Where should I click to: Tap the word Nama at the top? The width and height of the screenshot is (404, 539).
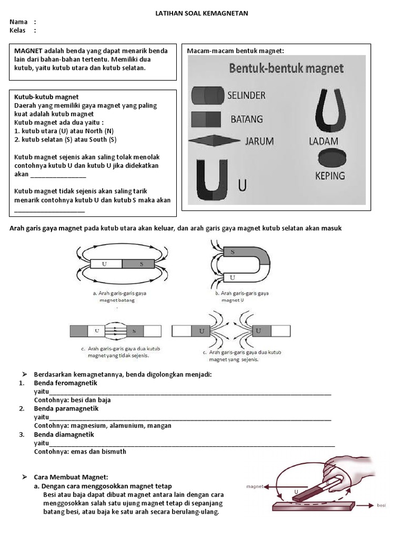(18, 22)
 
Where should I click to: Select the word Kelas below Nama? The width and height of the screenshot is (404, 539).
(18, 31)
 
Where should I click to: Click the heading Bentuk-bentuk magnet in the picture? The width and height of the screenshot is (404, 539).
(286, 68)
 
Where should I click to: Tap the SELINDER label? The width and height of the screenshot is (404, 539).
(246, 96)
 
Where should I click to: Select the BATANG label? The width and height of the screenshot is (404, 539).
(247, 119)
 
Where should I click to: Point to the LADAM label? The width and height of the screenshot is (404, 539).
(324, 141)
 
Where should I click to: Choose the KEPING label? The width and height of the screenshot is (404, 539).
(329, 175)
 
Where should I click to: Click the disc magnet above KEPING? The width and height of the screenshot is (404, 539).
(327, 156)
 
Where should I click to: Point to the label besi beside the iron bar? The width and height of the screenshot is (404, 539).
(381, 505)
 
